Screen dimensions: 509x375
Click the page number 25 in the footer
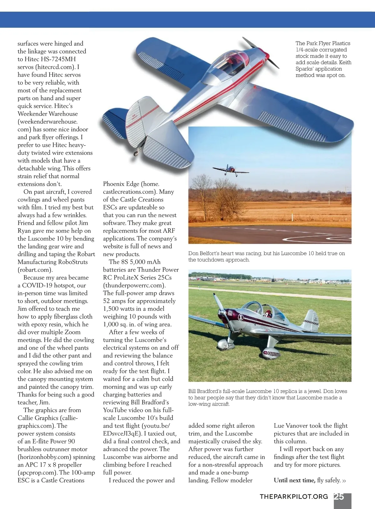click(339, 497)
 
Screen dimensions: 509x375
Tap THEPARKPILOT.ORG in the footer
click(294, 497)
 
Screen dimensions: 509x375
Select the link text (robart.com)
click(35, 270)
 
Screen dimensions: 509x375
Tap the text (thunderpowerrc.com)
click(134, 285)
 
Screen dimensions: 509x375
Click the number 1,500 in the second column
click(112, 309)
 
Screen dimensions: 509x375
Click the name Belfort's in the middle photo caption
click(211, 253)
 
